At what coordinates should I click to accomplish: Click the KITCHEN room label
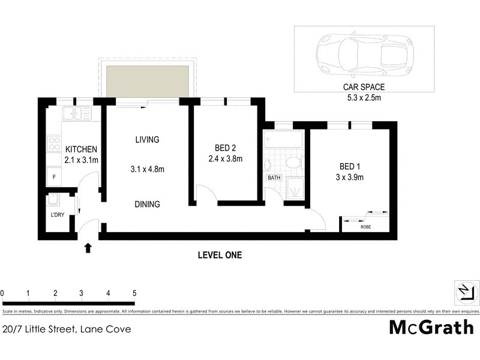pos(81,149)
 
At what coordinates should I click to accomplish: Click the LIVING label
pos(147,140)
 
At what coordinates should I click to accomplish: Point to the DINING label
pos(147,204)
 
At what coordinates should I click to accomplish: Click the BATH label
pos(274,178)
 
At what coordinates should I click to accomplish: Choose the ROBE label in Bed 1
pos(365,227)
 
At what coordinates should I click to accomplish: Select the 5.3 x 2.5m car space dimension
pos(364,97)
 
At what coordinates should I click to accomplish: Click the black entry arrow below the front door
pos(89,247)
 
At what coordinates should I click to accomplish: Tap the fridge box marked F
pos(55,177)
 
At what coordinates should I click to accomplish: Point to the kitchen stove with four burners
pos(55,144)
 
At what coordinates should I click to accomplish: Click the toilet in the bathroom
pos(292,163)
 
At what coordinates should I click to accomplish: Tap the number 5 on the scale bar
pos(134,293)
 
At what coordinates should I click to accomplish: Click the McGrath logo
pos(431,328)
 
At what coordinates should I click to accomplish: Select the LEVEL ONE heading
pos(220,255)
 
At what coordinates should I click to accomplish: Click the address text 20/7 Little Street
pos(66,329)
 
